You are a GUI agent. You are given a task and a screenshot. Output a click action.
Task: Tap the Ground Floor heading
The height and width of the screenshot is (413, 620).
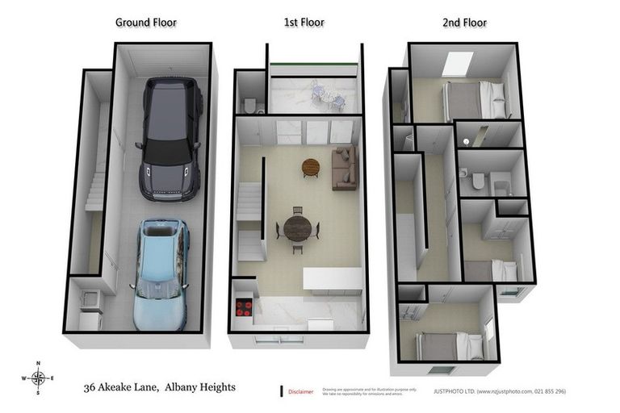(x=145, y=23)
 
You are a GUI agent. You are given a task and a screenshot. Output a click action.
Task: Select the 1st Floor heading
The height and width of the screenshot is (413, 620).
(x=304, y=23)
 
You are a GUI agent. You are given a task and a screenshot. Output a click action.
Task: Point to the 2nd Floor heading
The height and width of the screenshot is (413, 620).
(x=464, y=23)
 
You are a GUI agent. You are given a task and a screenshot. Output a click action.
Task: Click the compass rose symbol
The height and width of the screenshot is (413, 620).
(x=38, y=378)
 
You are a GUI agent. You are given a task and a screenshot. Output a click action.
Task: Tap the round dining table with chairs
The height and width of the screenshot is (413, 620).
(x=297, y=228)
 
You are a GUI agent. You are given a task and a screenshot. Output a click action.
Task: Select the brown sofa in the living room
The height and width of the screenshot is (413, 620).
(x=344, y=167)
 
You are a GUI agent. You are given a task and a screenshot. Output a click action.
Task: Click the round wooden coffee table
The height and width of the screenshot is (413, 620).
(x=311, y=167)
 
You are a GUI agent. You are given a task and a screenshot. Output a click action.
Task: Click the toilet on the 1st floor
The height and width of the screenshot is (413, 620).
(x=249, y=105)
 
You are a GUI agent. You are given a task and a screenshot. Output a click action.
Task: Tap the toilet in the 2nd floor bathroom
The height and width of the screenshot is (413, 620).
(x=478, y=181)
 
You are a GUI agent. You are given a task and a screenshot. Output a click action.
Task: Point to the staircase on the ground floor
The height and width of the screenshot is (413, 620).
(x=95, y=192)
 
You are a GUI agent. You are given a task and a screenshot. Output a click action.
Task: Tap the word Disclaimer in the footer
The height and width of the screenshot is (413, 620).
(x=301, y=392)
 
